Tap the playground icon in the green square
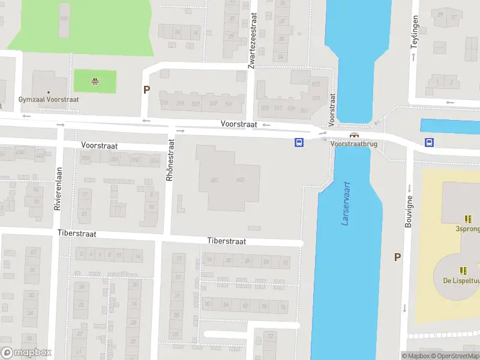(x=95, y=82)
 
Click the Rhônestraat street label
(x=170, y=160)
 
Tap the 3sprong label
(x=467, y=229)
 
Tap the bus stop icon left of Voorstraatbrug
(x=298, y=142)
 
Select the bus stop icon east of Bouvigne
(x=430, y=142)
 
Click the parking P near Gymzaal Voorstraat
(x=146, y=90)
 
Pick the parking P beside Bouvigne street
(x=397, y=257)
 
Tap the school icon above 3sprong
(x=467, y=219)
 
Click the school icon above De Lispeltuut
(x=463, y=271)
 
